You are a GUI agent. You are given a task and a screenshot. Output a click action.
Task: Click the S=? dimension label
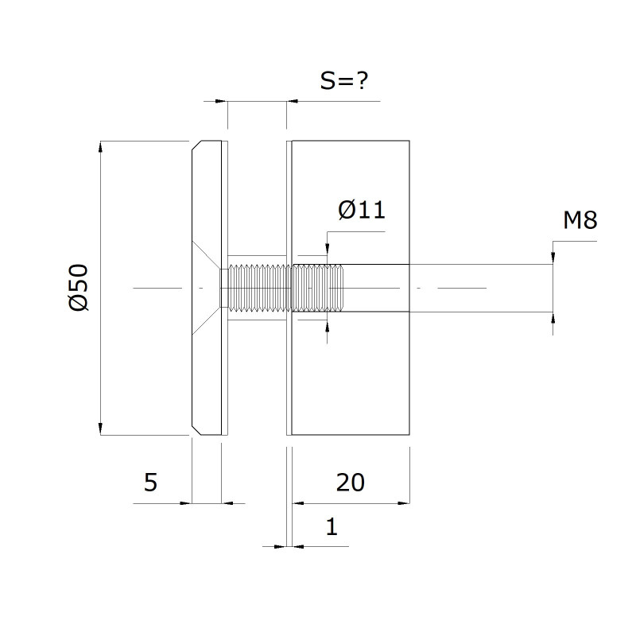tap(344, 81)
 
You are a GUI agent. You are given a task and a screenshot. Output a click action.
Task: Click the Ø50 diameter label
tap(79, 288)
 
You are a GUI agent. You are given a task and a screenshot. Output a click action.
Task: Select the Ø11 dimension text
tap(362, 210)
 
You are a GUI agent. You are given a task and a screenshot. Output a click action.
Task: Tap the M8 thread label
tap(580, 220)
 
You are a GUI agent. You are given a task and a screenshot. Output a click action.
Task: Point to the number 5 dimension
tap(150, 483)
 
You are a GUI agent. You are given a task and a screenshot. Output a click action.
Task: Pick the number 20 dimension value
tap(351, 483)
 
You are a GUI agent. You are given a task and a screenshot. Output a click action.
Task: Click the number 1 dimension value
tap(332, 526)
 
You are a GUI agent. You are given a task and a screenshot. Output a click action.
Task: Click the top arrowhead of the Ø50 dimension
tap(101, 147)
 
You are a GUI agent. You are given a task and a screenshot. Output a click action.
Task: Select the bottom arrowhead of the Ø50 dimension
tap(101, 429)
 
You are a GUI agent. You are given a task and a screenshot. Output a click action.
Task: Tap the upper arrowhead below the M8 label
tap(553, 258)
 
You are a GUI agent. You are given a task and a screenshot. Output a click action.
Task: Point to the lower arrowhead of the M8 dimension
tap(553, 319)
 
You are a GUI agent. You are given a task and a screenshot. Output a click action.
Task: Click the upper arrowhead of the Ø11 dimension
tap(328, 250)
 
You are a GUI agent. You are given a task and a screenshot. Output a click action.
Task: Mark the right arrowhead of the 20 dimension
tap(404, 503)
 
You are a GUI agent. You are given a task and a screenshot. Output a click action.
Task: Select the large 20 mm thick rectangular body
tap(351, 288)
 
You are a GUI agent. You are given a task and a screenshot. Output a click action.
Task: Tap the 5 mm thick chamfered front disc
tap(207, 288)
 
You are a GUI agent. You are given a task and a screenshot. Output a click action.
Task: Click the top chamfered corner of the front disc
tap(196, 145)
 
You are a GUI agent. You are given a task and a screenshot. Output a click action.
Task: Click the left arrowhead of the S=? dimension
tap(222, 101)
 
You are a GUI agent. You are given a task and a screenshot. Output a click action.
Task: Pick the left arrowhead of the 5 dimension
tap(185, 503)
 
